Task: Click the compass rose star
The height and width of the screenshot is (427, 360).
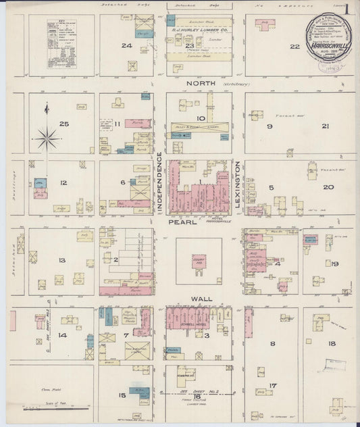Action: (47, 139)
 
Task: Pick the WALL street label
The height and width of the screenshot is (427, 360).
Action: (202, 298)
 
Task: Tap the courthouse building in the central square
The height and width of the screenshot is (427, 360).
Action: (199, 261)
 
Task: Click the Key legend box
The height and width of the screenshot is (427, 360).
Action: (61, 44)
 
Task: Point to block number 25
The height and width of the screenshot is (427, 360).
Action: (64, 124)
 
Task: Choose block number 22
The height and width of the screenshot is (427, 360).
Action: (294, 46)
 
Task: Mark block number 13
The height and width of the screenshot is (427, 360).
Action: (61, 260)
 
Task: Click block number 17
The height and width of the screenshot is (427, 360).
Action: (273, 386)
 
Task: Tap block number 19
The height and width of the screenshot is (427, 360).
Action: (334, 264)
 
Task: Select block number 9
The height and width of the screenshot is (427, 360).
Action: (269, 126)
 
